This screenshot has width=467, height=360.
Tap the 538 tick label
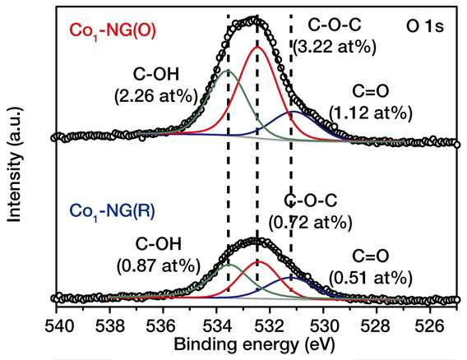110,326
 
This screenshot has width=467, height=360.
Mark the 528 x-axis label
376,326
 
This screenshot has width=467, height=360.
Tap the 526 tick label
429,326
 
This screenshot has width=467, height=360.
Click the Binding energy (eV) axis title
254,345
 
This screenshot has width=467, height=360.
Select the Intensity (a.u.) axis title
14,164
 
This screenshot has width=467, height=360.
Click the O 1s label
425,26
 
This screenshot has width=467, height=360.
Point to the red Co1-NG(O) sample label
113,31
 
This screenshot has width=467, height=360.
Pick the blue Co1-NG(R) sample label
112,211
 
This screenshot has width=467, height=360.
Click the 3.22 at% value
335,47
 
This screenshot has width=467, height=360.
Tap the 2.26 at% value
156,96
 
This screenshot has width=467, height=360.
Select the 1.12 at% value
371,113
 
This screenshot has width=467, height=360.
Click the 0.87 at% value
158,265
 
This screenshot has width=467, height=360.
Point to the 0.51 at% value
371,279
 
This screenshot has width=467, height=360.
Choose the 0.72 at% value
310,223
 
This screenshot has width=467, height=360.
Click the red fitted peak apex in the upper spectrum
257,47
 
